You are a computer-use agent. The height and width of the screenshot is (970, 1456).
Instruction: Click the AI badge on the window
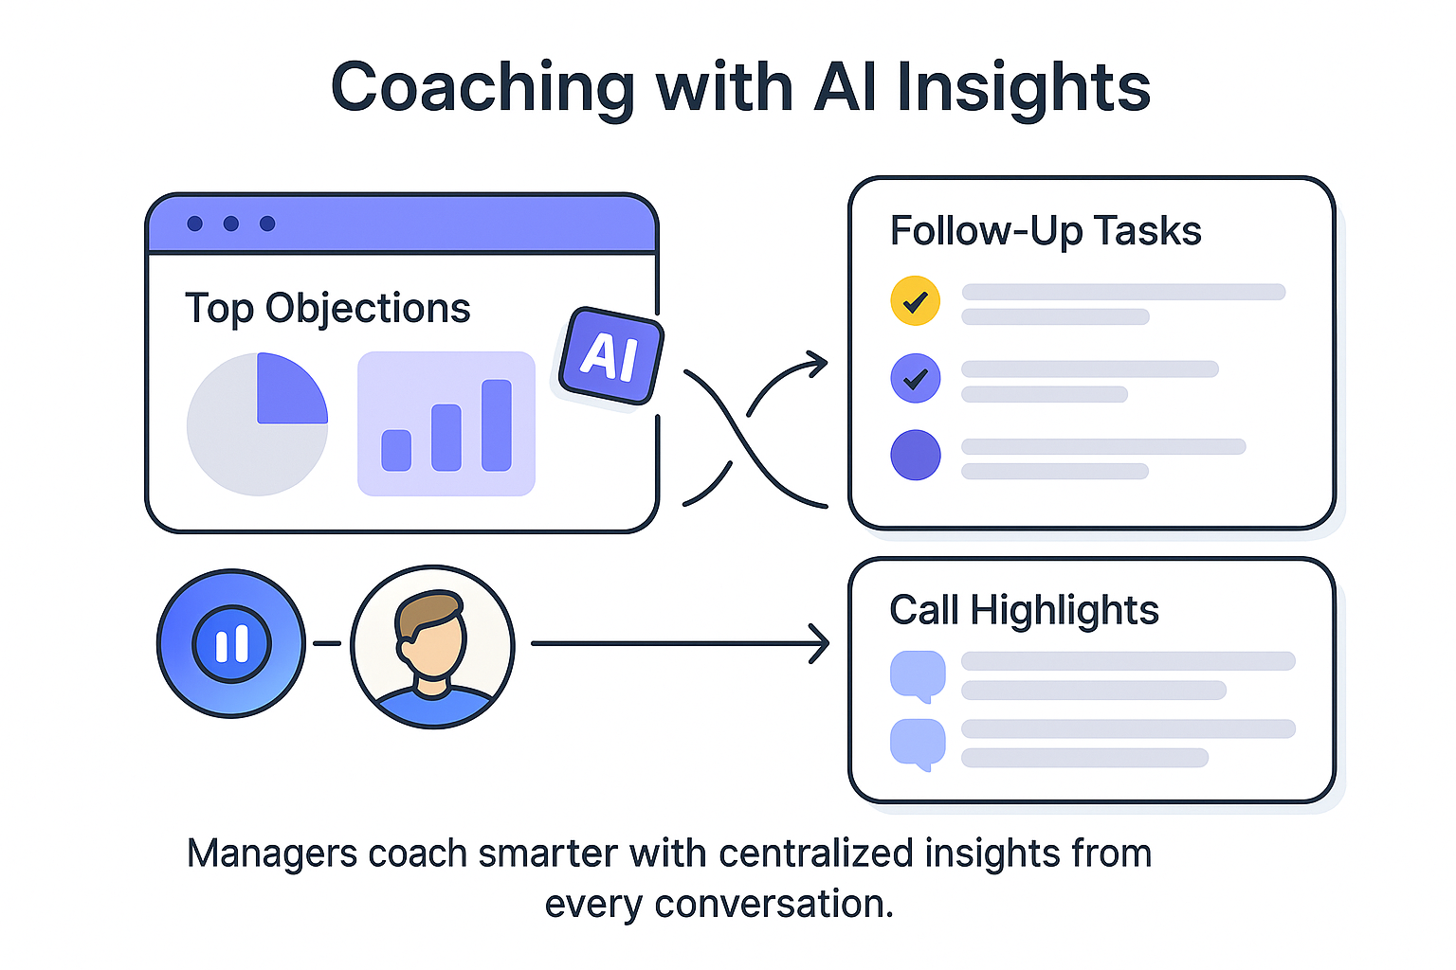[611, 356]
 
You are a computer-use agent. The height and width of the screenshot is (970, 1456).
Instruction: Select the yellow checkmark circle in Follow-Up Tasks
[915, 301]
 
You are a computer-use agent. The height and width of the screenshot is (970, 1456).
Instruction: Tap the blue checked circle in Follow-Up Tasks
[915, 379]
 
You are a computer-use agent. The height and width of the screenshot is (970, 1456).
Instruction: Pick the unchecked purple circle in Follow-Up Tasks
[915, 455]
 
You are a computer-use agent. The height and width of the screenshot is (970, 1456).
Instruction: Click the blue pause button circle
[231, 644]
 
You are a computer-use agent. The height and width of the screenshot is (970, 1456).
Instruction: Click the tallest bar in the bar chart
[497, 425]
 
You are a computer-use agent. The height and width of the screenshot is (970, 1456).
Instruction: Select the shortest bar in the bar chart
[396, 450]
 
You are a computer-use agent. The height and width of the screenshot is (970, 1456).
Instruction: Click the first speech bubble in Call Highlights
[917, 675]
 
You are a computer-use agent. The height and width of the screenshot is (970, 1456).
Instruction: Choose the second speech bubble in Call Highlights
[917, 743]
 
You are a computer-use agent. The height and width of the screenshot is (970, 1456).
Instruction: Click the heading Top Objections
[327, 309]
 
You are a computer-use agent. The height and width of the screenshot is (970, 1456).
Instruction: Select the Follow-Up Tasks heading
[1045, 231]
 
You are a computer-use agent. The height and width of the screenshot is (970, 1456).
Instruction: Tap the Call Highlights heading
[1024, 610]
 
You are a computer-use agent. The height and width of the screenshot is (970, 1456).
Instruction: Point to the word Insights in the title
[1023, 88]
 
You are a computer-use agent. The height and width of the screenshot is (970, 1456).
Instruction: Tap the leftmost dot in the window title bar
[195, 224]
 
